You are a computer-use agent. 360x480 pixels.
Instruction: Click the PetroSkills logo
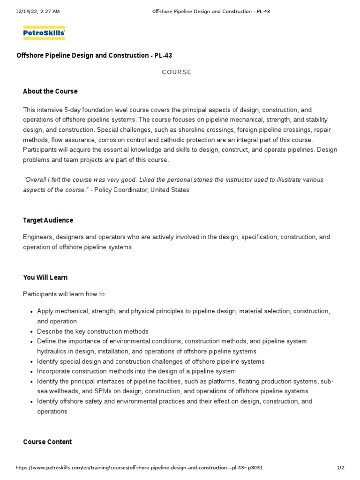[x=44, y=33]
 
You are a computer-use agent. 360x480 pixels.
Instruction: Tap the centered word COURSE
[x=177, y=72]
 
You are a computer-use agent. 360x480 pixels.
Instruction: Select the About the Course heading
[x=50, y=91]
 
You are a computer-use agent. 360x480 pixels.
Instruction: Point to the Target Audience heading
[x=48, y=220]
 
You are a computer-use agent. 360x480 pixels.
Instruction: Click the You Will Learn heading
[x=45, y=277]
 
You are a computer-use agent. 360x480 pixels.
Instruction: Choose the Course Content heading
[x=47, y=442]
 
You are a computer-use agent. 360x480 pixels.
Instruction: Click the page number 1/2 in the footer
[x=340, y=468]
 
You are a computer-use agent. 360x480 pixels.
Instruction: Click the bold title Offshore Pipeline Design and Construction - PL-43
[x=94, y=55]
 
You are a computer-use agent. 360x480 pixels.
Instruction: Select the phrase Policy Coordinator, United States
[x=141, y=190]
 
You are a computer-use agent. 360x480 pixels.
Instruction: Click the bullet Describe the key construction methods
[x=93, y=331]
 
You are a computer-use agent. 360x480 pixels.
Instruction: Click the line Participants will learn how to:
[x=65, y=294]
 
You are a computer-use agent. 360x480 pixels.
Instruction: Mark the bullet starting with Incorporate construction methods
[x=136, y=371]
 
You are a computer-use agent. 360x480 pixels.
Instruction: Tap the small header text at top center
[x=211, y=12]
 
